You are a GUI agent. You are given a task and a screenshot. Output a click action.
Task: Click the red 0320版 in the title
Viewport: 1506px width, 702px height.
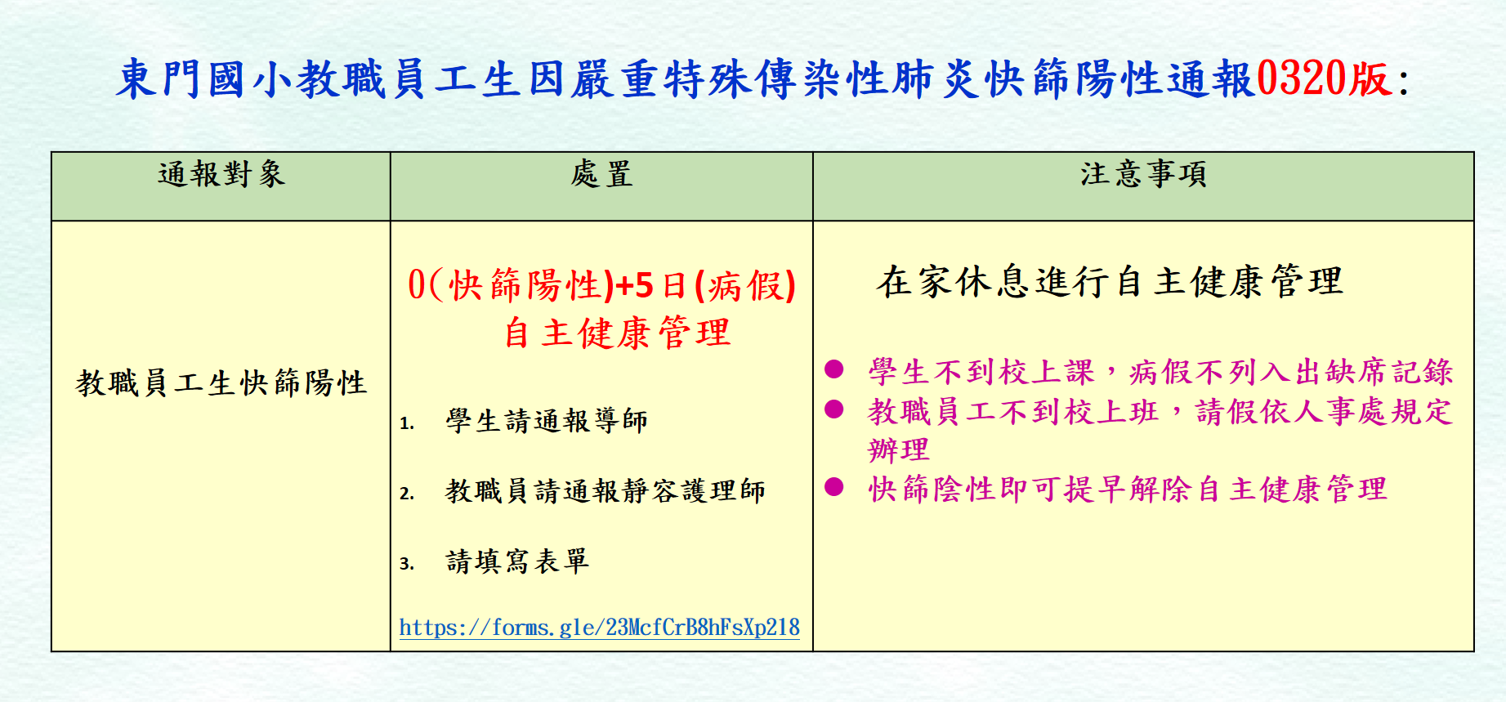[1324, 79]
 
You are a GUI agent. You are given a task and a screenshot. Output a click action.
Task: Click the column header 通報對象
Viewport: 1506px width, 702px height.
[221, 174]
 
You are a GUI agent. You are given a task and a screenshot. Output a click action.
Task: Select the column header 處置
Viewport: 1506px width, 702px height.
[601, 174]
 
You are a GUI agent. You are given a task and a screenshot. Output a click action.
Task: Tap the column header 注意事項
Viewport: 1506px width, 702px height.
[1143, 174]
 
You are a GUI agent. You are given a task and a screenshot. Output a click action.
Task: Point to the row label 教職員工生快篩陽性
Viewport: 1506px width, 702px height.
[221, 382]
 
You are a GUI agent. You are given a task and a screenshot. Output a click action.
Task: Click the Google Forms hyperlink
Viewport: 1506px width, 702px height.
[599, 627]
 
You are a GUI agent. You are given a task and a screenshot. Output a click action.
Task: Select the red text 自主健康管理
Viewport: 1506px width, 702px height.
[617, 333]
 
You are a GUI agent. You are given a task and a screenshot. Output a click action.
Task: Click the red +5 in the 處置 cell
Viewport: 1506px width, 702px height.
[635, 285]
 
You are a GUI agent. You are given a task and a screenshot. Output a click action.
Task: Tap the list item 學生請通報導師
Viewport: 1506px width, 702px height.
[547, 421]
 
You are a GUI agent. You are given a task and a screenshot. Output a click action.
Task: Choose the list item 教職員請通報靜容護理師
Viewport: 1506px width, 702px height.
[606, 491]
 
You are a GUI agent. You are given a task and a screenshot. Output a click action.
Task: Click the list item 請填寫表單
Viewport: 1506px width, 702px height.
[517, 561]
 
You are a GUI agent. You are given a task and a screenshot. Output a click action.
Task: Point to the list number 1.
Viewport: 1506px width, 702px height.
[406, 423]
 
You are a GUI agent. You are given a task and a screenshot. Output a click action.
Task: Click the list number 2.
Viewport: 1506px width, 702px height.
[406, 494]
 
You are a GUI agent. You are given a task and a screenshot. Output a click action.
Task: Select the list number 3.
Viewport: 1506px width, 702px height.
[406, 564]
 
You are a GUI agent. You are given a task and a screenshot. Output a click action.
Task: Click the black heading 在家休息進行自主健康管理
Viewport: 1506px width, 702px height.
[1110, 282]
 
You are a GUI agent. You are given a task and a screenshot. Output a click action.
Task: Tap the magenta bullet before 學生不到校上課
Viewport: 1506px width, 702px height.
[834, 369]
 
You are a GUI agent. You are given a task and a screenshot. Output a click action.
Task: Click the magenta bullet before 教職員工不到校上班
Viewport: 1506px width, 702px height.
[834, 409]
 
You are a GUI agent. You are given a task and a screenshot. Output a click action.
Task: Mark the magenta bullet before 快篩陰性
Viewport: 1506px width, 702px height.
[834, 487]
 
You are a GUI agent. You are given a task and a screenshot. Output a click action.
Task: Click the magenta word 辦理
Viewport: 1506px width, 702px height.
[899, 449]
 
